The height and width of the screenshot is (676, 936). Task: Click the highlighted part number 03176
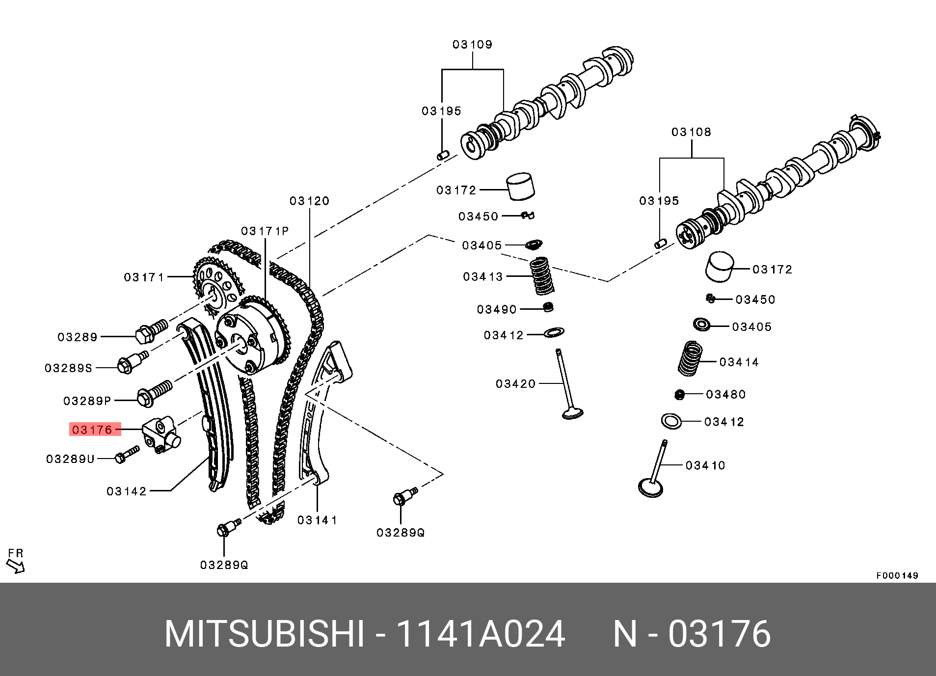92,430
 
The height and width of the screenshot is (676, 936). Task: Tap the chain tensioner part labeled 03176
161,434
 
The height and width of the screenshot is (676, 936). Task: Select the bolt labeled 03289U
127,454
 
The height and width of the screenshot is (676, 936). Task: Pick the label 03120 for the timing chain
309,201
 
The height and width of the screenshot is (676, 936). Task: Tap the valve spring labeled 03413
542,276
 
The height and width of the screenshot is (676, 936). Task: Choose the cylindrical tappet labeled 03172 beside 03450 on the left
521,187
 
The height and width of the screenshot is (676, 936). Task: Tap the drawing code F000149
897,575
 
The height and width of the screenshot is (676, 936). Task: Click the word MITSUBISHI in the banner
264,634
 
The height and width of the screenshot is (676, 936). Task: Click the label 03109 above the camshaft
472,45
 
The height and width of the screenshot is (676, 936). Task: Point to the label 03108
691,132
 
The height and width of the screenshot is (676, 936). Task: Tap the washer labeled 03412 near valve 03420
554,332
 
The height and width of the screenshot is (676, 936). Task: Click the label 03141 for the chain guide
317,520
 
